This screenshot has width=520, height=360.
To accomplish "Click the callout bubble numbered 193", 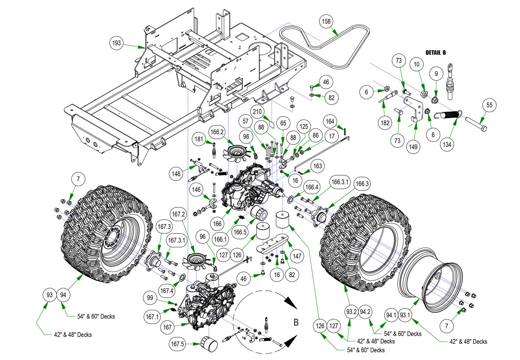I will [117, 43].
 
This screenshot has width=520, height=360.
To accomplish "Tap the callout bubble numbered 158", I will [326, 22].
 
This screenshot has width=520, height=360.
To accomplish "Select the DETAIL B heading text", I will [436, 53].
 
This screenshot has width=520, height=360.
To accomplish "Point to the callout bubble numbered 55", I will [490, 105].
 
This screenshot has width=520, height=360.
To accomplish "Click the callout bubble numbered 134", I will [447, 144].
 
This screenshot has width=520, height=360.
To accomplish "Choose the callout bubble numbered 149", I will [413, 147].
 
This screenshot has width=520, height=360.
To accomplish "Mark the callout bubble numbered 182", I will [385, 123].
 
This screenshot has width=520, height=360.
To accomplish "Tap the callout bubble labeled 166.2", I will [217, 132].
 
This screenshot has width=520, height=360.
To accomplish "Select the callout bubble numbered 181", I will [199, 139].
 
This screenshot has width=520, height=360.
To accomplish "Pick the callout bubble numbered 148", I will [176, 173].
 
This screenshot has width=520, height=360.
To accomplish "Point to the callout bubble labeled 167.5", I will [178, 344].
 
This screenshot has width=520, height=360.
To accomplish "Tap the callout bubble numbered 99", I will [150, 298].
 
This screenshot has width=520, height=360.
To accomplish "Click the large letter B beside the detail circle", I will [296, 322].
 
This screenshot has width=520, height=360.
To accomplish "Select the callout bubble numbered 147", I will [297, 256].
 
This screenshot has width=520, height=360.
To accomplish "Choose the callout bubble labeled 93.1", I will [405, 315].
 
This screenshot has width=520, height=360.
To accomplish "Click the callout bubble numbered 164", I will [330, 121].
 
